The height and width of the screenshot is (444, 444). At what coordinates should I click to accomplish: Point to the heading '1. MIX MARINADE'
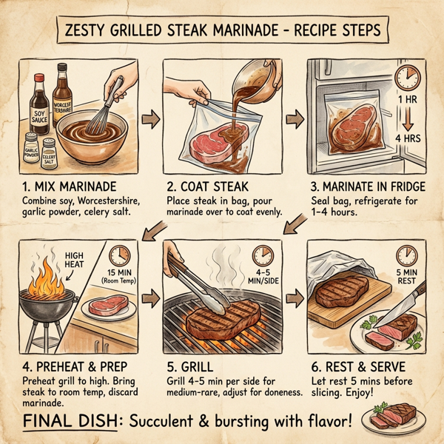(x=70, y=185)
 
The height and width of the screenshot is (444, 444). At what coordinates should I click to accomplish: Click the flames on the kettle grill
(x=45, y=270)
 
